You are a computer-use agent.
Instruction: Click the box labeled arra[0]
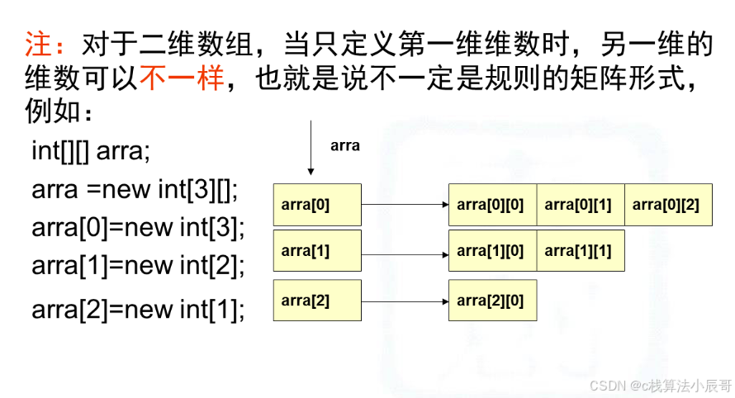click(x=317, y=205)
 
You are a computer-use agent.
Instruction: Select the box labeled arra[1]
click(x=317, y=251)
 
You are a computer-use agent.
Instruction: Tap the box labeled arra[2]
click(x=317, y=301)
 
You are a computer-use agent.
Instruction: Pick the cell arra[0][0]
click(x=492, y=205)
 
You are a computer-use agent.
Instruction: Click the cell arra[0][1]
click(x=581, y=205)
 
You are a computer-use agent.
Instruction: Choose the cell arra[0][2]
click(x=668, y=205)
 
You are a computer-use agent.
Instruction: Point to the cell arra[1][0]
click(x=492, y=251)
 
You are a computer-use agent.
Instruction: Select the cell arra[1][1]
click(x=581, y=251)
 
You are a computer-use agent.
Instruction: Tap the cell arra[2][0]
click(x=492, y=301)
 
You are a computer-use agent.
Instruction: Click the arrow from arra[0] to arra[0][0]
click(x=405, y=205)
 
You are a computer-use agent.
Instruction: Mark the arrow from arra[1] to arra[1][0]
click(x=405, y=251)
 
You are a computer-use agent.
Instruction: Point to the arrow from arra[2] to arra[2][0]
click(x=405, y=301)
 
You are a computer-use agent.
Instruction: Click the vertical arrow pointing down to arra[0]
click(x=311, y=149)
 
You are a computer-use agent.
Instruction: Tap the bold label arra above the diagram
click(x=345, y=145)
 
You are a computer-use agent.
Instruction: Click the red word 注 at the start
click(x=38, y=45)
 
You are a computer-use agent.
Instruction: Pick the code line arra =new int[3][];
click(x=135, y=189)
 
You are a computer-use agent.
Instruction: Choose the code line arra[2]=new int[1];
click(x=138, y=310)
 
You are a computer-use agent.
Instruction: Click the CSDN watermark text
click(x=661, y=385)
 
